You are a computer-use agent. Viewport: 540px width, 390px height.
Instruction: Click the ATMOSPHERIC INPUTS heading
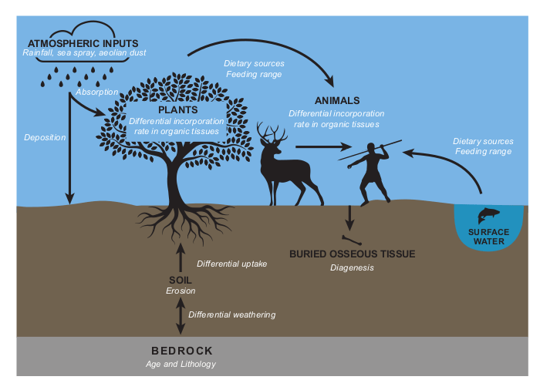point(83,42)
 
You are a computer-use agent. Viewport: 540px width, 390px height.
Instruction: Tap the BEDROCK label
point(181,351)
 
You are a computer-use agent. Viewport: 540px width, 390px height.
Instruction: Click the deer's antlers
point(272,133)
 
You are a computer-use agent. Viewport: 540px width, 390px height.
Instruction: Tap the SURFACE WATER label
point(489,237)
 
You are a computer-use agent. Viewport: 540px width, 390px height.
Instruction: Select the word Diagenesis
point(352,267)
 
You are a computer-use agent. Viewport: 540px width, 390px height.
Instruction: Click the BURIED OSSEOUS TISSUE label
point(352,254)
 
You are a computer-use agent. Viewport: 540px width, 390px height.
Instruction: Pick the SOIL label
point(181,279)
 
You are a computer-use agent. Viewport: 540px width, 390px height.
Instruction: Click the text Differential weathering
point(231,314)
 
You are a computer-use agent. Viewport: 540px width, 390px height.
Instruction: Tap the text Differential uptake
point(231,264)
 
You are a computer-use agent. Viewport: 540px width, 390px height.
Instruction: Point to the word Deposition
point(45,137)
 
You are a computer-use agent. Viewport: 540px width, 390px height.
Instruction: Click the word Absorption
point(97,92)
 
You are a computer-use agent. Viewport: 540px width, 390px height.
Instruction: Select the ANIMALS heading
point(337,101)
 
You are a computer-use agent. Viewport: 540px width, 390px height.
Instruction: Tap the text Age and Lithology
point(181,364)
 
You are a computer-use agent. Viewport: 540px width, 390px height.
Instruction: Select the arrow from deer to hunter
point(318,146)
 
